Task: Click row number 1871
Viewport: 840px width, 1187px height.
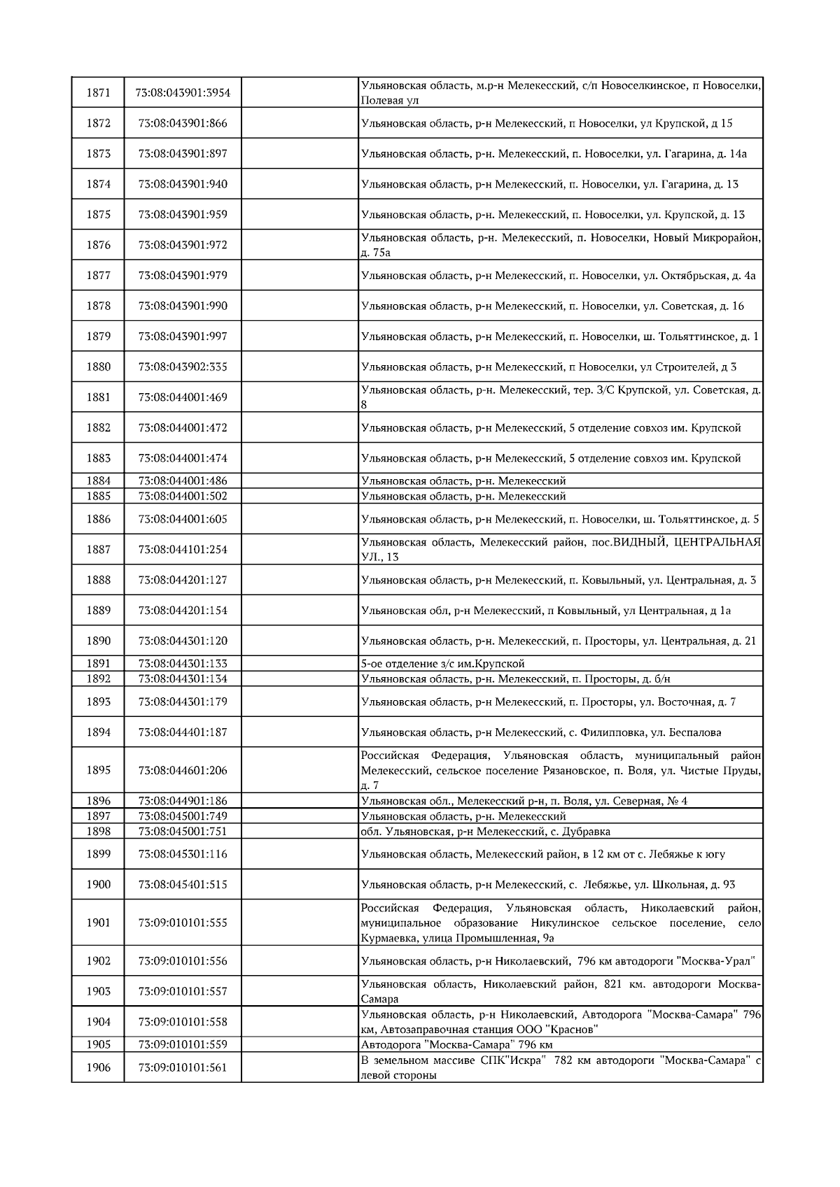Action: [x=98, y=93]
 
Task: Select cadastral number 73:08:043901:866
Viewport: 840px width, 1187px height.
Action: [x=183, y=124]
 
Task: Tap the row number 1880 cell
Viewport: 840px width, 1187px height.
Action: [x=98, y=367]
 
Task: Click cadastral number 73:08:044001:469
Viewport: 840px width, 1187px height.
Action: [x=183, y=397]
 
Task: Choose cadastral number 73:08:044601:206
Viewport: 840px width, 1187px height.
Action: [x=183, y=770]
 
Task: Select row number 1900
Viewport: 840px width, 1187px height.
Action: [x=98, y=885]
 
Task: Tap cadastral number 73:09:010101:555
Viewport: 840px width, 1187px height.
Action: [x=183, y=923]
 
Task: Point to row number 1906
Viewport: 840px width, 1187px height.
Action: [x=98, y=1068]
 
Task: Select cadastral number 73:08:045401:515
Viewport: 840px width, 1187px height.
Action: [x=183, y=885]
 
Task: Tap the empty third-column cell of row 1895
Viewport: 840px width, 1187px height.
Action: [x=300, y=770]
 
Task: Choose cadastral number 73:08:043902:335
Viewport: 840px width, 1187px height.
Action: [x=183, y=367]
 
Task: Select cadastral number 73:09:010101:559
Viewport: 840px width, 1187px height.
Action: [x=183, y=1045]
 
